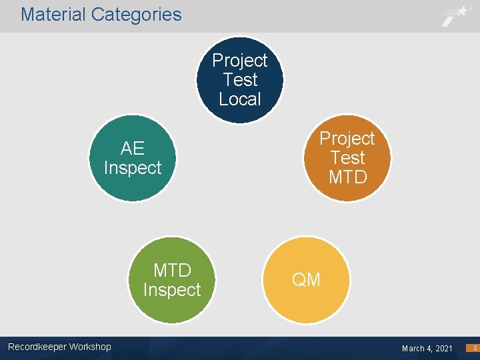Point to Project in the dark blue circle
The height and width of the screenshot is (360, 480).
[x=239, y=61]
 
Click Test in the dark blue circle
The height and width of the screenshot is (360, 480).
[x=240, y=80]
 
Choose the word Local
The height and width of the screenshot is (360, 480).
[x=240, y=99]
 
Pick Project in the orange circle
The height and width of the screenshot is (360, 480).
[x=347, y=139]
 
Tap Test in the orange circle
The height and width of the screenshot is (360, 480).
[x=347, y=158]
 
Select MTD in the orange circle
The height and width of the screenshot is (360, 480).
[x=347, y=177]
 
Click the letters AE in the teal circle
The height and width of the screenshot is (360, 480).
[x=133, y=148]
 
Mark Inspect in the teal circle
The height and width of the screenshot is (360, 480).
[x=133, y=167]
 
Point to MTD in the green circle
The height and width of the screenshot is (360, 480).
[x=172, y=270]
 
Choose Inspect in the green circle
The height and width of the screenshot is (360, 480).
[x=172, y=290]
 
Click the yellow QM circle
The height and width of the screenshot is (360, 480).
[x=306, y=280]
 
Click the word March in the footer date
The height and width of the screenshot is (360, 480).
[x=413, y=349]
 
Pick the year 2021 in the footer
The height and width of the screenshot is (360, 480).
[x=443, y=349]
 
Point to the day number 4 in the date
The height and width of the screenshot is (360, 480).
[x=428, y=349]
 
